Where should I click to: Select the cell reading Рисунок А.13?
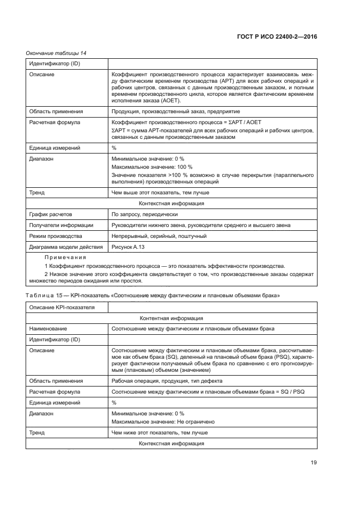click(129, 247)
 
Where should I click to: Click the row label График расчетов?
click(50, 214)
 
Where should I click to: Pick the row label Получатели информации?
click(60, 225)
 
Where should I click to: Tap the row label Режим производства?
click(55, 236)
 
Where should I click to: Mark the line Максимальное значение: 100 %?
click(151, 167)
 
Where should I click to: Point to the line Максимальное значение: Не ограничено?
click(163, 422)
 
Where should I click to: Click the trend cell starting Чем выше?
click(160, 192)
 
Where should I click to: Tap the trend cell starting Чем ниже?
click(159, 433)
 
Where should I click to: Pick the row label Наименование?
click(48, 329)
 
